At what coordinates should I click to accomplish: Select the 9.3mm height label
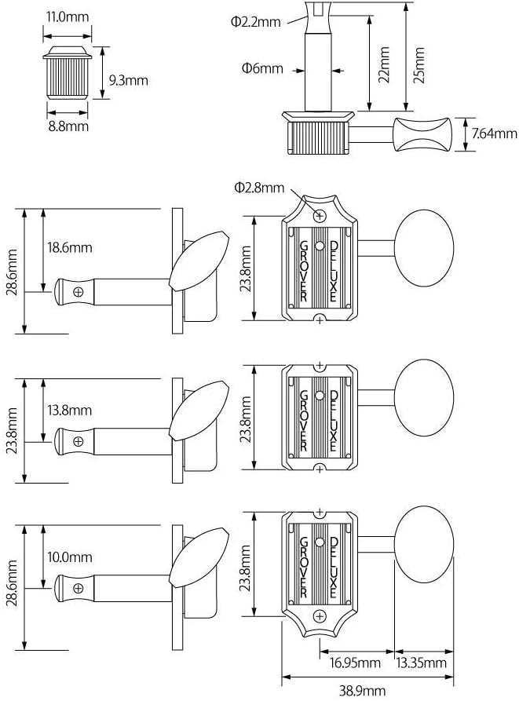pyautogui.click(x=128, y=79)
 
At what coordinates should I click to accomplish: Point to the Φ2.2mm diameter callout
pyautogui.click(x=255, y=22)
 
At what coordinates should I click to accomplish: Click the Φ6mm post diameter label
pyautogui.click(x=263, y=68)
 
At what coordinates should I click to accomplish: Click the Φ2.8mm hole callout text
pyautogui.click(x=258, y=187)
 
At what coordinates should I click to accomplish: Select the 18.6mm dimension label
pyautogui.click(x=69, y=247)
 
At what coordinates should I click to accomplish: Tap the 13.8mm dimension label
pyautogui.click(x=69, y=410)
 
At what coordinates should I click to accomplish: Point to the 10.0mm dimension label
pyautogui.click(x=69, y=557)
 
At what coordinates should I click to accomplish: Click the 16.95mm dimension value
pyautogui.click(x=354, y=663)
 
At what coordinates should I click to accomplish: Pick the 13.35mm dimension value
pyautogui.click(x=423, y=663)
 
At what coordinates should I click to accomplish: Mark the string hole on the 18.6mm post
pyautogui.click(x=78, y=292)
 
